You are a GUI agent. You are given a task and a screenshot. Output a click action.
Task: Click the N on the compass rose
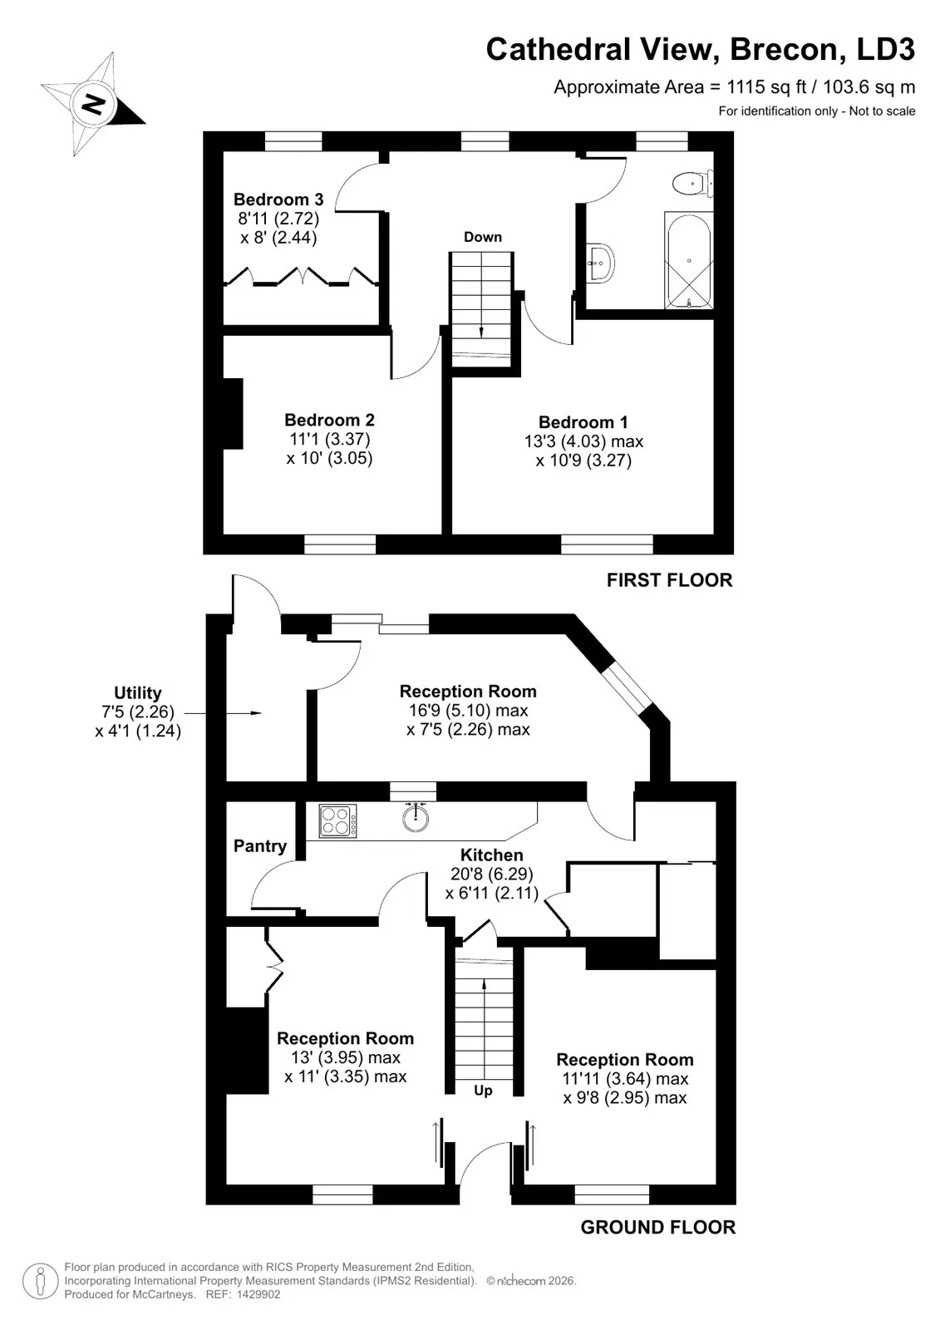coord(93,105)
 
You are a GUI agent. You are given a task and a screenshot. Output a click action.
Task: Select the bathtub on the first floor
coord(689,260)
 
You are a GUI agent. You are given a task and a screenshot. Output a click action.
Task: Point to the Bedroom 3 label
coord(278,199)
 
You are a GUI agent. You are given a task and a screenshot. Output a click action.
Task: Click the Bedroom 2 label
coord(330,420)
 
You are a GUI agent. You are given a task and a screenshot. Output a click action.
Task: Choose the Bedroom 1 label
coord(583,422)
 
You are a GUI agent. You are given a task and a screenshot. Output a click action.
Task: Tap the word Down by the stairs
coord(483,237)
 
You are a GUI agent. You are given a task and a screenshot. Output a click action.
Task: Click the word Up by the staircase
coord(483,1091)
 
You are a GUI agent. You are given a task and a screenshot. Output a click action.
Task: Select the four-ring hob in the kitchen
coord(338,821)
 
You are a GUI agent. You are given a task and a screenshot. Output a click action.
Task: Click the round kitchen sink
coord(415,819)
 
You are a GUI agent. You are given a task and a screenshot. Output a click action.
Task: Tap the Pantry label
coord(260,846)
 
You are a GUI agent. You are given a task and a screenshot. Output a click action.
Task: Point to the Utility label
coord(138,693)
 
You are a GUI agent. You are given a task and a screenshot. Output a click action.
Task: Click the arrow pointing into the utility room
coord(223,712)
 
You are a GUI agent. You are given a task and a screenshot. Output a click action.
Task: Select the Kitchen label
coord(492,855)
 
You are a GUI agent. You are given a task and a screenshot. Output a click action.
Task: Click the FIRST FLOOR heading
coord(669,580)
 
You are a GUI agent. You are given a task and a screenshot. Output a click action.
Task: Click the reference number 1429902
coord(258,1294)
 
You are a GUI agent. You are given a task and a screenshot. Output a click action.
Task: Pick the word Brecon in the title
coord(788,49)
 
